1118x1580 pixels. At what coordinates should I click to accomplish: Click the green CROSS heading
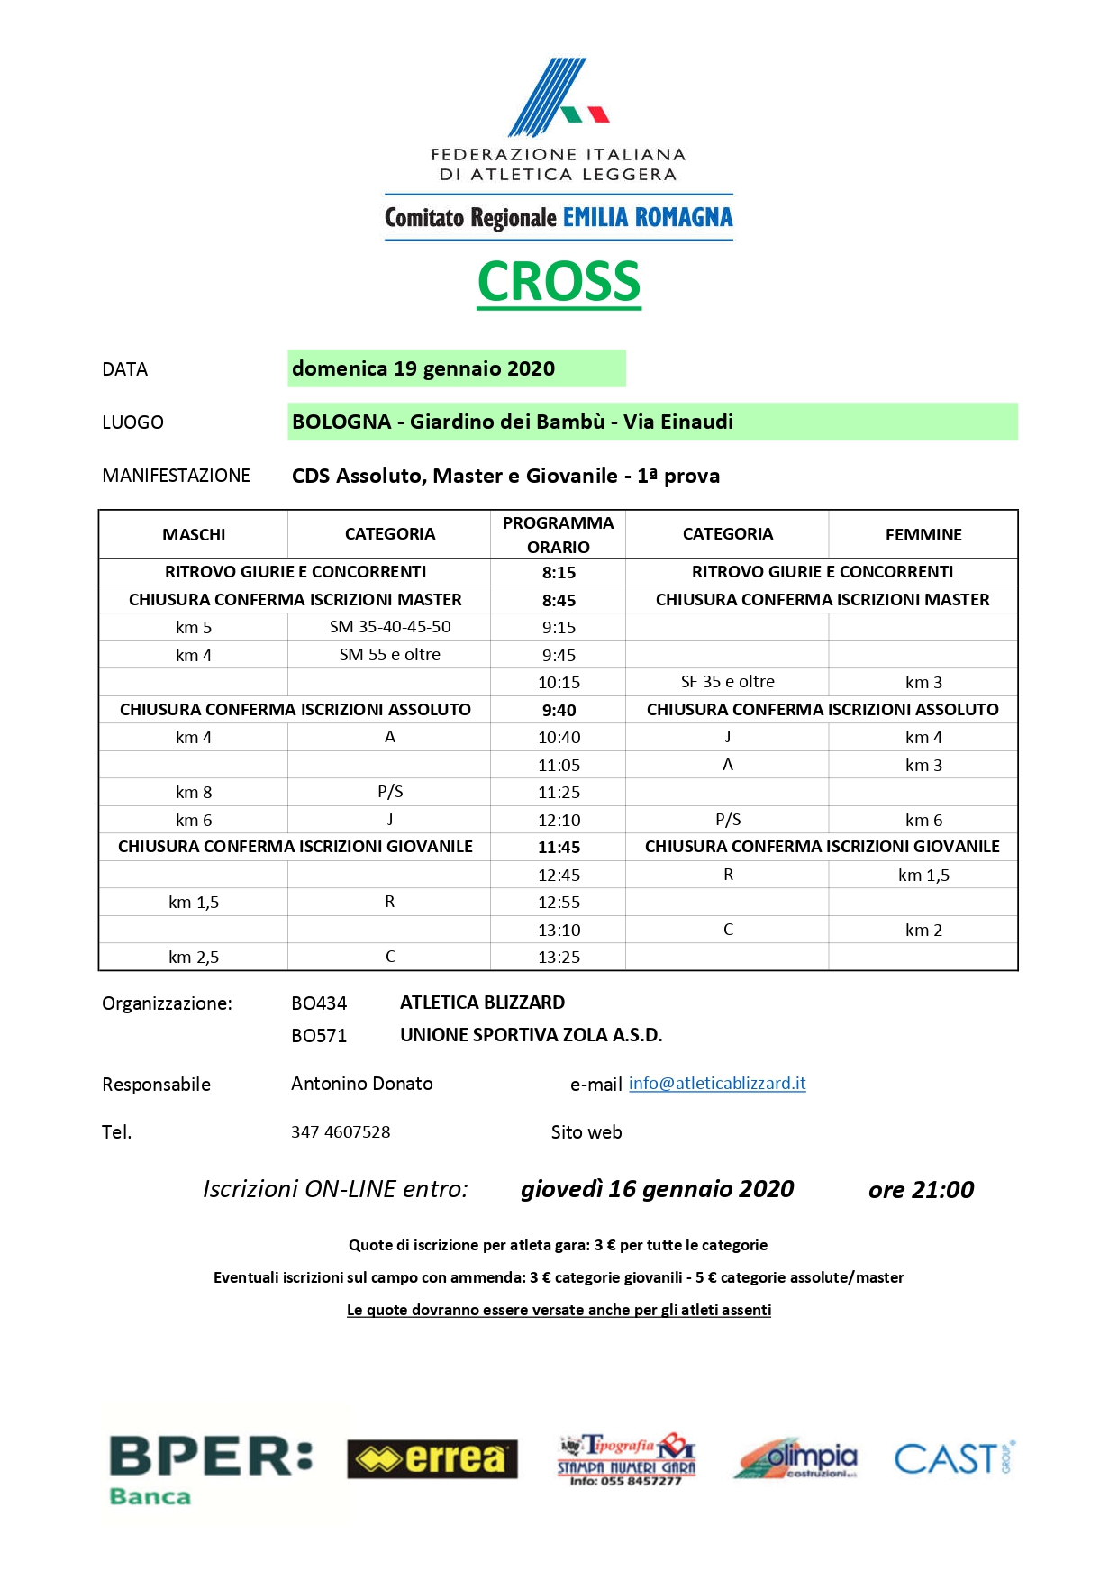coord(559,282)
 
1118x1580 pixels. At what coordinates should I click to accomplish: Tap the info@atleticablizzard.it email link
coord(717,1084)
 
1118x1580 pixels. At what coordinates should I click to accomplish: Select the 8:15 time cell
coord(559,572)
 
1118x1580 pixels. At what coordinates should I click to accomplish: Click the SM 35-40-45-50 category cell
coord(390,627)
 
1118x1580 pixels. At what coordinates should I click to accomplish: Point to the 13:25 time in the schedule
coord(559,957)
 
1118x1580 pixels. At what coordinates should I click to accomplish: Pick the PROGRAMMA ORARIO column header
coord(559,534)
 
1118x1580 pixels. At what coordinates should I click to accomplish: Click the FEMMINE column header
coord(923,534)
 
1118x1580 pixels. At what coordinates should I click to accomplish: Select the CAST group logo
coord(954,1458)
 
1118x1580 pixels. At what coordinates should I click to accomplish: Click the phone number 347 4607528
coord(341,1132)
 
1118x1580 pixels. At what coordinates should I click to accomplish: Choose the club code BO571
coord(319,1036)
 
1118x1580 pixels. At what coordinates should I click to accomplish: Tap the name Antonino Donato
coord(362,1084)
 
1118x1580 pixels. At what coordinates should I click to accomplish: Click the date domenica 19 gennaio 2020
coord(423,368)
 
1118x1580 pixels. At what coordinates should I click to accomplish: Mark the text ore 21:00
coord(921,1190)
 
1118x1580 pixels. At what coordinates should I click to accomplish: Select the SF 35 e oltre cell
coord(728,682)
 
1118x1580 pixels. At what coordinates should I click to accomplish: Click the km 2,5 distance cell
coord(194,957)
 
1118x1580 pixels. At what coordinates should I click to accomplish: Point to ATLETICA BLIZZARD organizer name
coord(483,1003)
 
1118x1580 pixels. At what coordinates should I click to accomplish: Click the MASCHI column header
coord(194,534)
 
